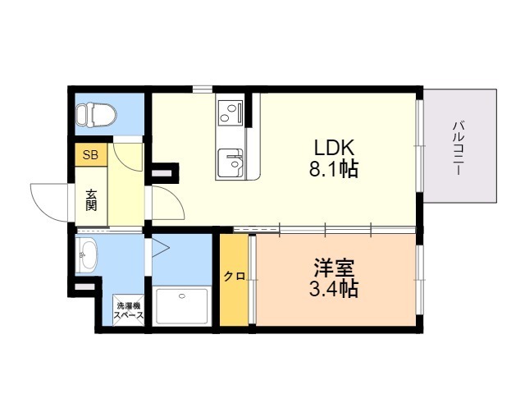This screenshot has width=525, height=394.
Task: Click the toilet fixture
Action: coord(96,115)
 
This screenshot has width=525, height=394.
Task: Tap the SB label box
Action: coord(91,155)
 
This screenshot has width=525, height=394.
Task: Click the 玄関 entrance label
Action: coord(91,200)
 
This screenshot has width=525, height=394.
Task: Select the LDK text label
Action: coord(334,147)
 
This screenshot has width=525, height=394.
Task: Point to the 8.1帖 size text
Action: coord(334,169)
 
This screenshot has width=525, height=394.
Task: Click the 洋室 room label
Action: coord(334,268)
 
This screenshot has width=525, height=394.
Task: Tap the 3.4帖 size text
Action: coord(334,289)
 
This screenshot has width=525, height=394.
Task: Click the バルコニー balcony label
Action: coord(459,148)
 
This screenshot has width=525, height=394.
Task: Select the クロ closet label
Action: coord(235,277)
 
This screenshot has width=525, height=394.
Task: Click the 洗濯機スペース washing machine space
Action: coord(129,310)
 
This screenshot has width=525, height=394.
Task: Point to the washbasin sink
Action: coord(87,254)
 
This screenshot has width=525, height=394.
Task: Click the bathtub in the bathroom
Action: coord(182,306)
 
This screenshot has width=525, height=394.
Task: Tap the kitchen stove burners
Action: coord(231,112)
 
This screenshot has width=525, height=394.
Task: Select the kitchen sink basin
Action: coord(230,163)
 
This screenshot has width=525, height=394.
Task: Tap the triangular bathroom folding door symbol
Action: coord(161,248)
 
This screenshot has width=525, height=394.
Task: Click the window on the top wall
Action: coord(203,89)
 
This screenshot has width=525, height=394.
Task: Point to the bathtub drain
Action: coord(182,296)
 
